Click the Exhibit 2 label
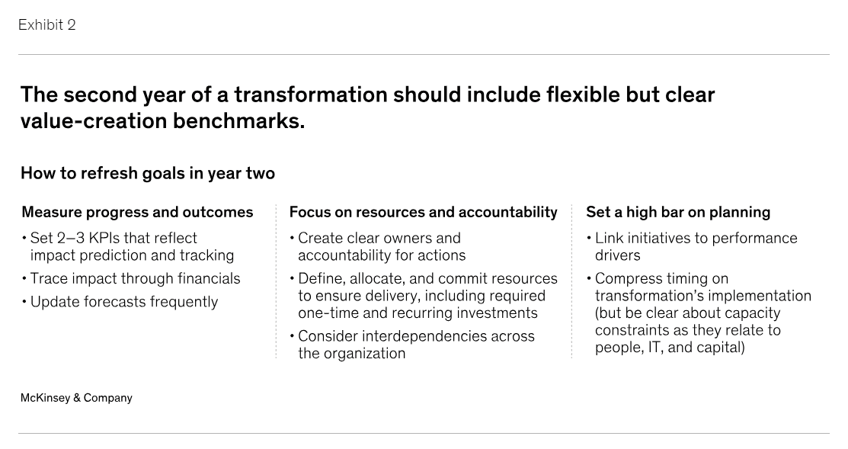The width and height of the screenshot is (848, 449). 47,25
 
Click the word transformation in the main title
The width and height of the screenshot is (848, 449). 310,95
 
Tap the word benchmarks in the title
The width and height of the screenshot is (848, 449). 238,120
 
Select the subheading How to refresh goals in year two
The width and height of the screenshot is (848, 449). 148,173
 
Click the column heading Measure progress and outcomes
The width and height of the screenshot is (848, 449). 137,212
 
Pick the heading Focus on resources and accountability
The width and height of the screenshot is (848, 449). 423,212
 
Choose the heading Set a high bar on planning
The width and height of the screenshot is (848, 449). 678,212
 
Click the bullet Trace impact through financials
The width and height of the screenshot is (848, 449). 135,278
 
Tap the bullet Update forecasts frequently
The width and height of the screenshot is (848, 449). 124,302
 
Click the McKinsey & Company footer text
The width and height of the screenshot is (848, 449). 76,398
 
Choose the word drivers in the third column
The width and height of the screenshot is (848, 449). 618,255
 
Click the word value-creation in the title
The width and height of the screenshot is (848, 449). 94,120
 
